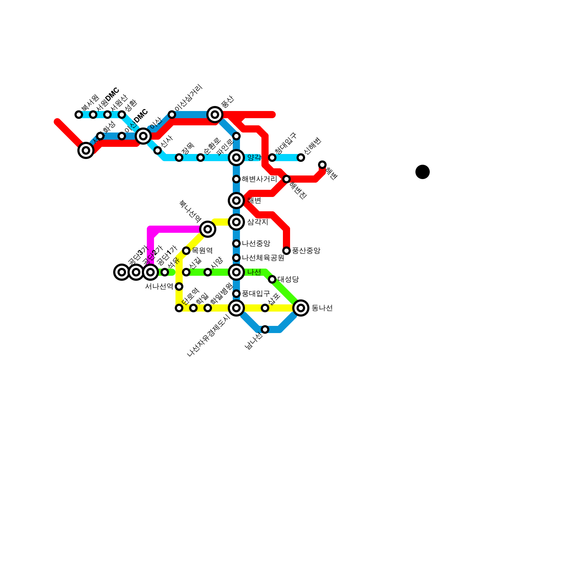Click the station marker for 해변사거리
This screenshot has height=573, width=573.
236,179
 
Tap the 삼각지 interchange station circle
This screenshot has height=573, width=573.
236,222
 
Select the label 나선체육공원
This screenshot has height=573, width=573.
263,258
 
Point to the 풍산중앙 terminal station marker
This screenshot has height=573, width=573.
286,251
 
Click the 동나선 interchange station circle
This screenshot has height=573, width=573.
301,308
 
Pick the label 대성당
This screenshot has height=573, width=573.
288,279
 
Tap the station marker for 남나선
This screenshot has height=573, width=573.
265,329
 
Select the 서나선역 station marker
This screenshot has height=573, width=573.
179,286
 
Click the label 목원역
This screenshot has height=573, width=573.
202,251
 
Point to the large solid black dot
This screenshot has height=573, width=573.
423,172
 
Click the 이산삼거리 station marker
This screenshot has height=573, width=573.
172,115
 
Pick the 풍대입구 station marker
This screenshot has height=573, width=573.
236,294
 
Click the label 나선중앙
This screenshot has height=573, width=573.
256,244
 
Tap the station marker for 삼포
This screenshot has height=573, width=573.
265,308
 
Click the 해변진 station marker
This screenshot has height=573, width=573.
286,179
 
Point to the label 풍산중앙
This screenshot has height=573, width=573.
306,251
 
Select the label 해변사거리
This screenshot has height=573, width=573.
259,179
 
